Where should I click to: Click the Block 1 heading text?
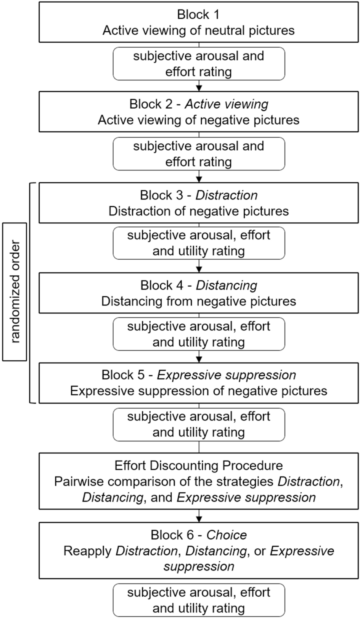[198, 14]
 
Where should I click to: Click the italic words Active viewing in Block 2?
[227, 104]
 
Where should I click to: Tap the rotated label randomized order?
[15, 292]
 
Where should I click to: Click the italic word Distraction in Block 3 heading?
[227, 195]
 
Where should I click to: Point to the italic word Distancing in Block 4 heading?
[227, 285]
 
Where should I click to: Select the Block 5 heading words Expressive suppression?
[227, 375]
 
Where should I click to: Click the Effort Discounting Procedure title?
[198, 466]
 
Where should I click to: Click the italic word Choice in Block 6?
[227, 535]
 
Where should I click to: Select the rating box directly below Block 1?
[199, 64]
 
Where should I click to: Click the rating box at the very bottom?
[199, 600]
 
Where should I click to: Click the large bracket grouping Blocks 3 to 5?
[30, 293]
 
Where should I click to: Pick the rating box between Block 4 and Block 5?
[199, 334]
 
